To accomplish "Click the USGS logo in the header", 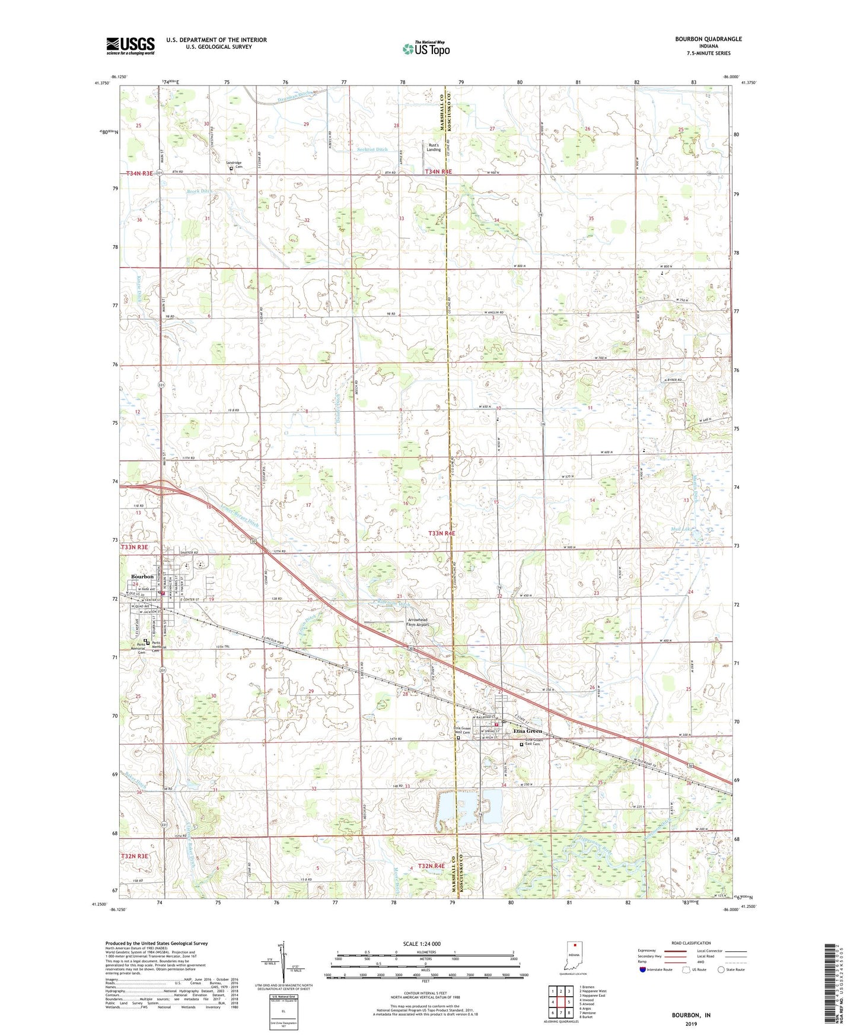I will click(130, 46).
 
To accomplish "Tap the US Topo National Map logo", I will click(426, 49).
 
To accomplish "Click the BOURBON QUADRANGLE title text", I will click(708, 39).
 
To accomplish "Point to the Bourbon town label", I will click(142, 576).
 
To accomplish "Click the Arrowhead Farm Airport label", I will click(417, 622).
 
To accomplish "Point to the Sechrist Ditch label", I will click(372, 150).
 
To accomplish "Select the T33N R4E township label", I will click(442, 533).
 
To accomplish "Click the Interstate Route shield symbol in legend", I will click(643, 970).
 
